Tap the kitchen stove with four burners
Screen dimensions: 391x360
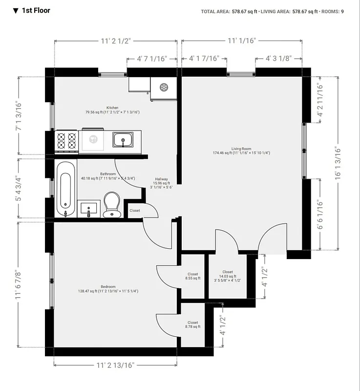67,141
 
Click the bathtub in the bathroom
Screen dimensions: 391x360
66,189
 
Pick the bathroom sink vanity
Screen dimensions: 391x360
89,209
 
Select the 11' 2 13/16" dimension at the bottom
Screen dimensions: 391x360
115,365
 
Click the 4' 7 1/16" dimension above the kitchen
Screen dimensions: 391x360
151,58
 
